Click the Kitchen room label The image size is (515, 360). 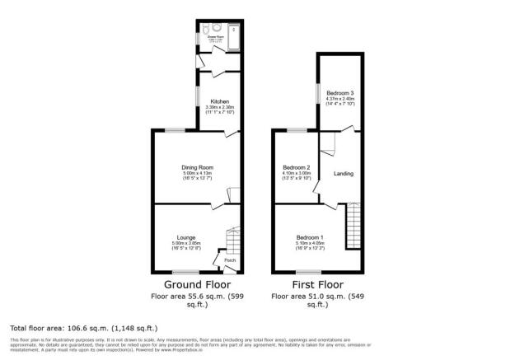tap(208, 101)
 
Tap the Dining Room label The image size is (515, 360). tap(196, 167)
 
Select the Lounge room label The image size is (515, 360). tap(185, 237)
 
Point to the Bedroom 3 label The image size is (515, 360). tap(339, 92)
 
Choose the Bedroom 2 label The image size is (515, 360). tap(297, 167)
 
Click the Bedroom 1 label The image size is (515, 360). tap(309, 237)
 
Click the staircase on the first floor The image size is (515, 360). tap(354, 221)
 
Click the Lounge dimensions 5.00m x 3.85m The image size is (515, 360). tap(185, 245)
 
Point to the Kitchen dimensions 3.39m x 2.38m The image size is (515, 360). tap(208, 109)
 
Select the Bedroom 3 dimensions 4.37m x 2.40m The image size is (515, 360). tap(339, 100)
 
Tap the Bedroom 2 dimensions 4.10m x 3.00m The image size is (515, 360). tap(297, 175)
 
